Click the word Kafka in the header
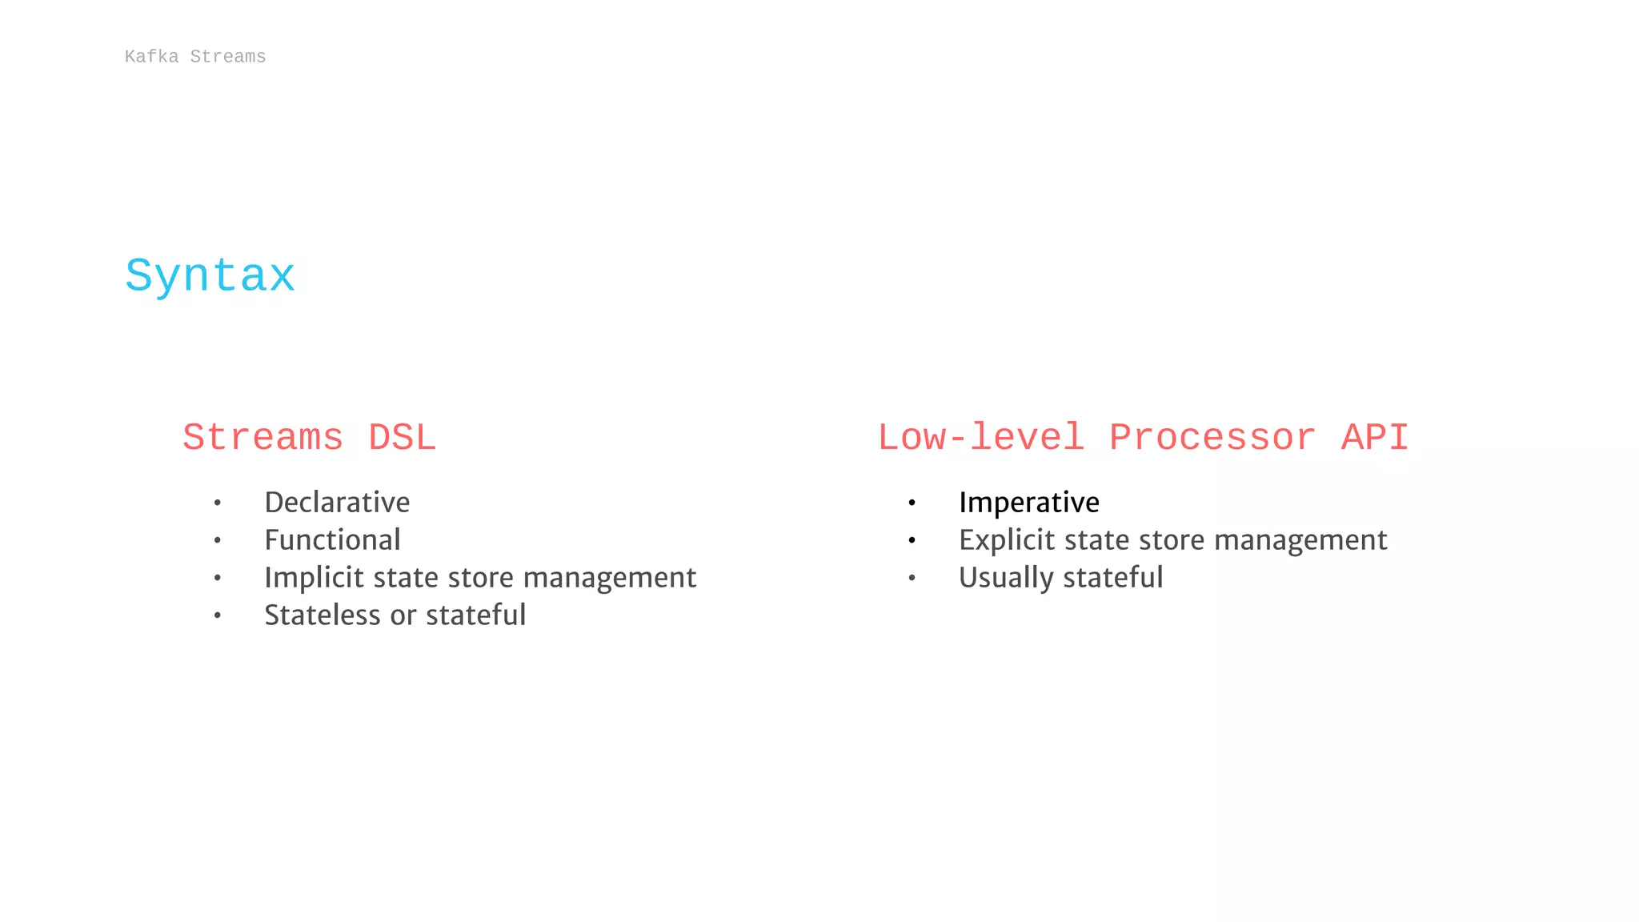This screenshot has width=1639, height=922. (151, 57)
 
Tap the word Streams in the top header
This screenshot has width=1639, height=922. (228, 57)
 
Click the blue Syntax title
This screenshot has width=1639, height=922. (210, 277)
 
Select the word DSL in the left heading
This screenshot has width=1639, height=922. (402, 438)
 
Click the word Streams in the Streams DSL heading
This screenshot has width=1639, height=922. (263, 438)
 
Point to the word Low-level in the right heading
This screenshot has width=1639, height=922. (981, 438)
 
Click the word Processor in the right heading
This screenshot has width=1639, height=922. (1212, 438)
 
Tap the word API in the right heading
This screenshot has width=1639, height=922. (1375, 438)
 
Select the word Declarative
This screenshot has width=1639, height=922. (337, 503)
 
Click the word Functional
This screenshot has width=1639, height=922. (332, 540)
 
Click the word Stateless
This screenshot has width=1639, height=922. (323, 615)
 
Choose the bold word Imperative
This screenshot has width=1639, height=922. (1029, 503)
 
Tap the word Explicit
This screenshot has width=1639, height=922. (1008, 540)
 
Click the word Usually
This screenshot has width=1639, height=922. (1006, 578)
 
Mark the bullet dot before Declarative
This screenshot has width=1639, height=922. (217, 503)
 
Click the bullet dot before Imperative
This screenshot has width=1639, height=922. (912, 503)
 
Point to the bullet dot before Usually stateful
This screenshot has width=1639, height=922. (912, 579)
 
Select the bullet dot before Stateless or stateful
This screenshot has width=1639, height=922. (217, 616)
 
